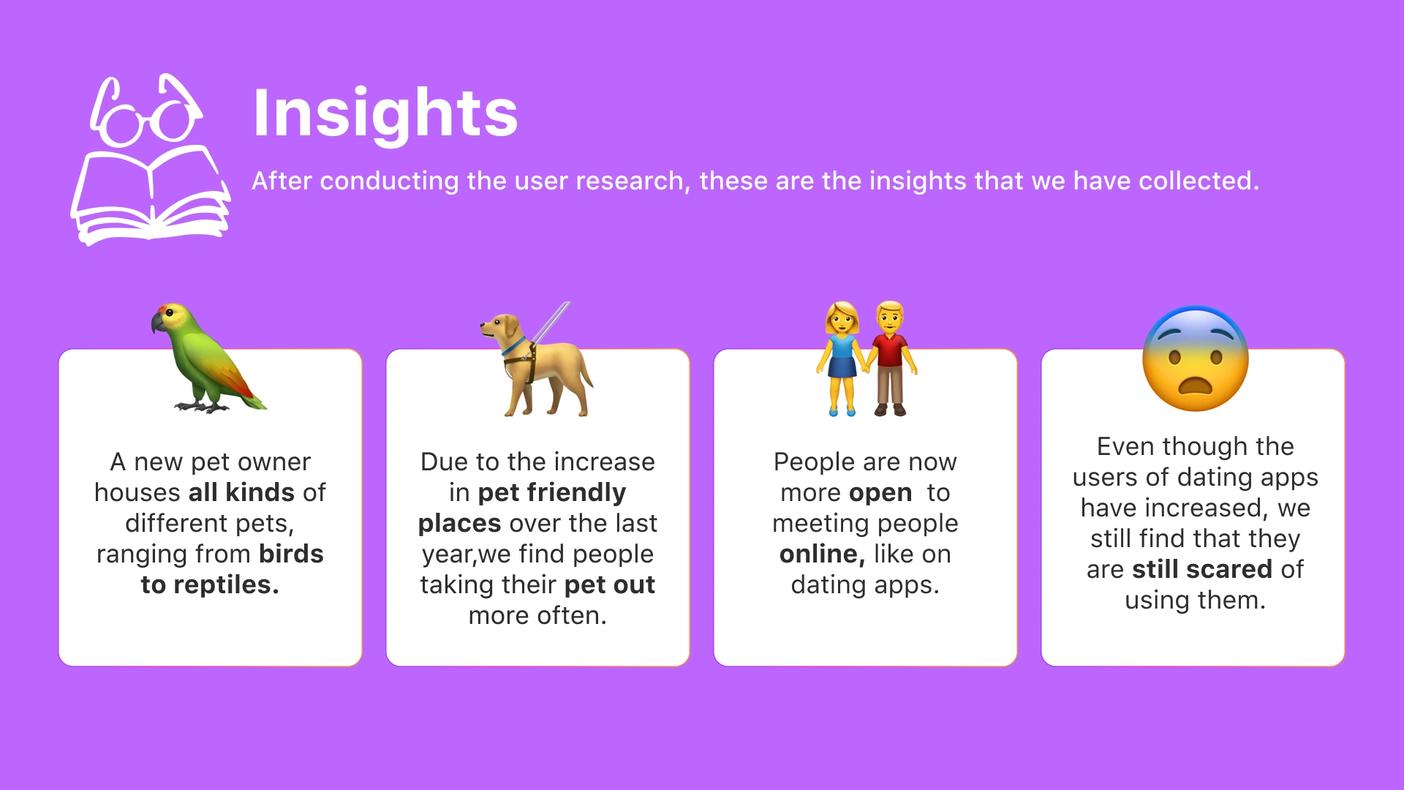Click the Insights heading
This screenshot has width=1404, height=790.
click(x=385, y=113)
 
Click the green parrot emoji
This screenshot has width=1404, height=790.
click(x=208, y=358)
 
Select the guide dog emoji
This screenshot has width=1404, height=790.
click(x=537, y=359)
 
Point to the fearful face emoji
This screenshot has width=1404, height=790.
click(x=1196, y=358)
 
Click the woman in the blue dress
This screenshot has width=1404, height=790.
click(x=842, y=358)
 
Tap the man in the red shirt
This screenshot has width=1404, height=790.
click(x=891, y=358)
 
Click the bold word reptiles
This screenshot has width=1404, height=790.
click(x=227, y=584)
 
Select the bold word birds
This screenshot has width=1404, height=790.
click(x=291, y=554)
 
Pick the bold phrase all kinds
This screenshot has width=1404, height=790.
click(x=241, y=492)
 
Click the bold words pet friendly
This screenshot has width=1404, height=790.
click(x=552, y=492)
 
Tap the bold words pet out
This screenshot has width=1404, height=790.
click(x=610, y=584)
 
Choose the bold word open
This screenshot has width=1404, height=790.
click(x=880, y=493)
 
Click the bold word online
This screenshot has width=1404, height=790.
click(x=822, y=554)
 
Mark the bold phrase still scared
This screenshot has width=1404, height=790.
click(x=1202, y=569)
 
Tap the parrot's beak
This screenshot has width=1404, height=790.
click(x=157, y=323)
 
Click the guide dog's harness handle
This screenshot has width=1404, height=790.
click(x=550, y=323)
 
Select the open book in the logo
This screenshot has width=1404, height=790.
click(x=151, y=195)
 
